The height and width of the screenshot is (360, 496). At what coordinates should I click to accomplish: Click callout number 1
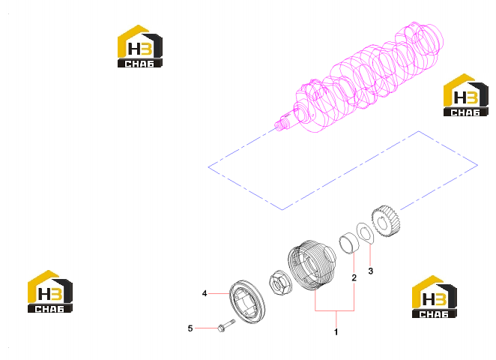336,332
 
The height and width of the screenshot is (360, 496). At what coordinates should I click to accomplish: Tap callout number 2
354,277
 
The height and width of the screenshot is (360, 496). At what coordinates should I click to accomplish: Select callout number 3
371,271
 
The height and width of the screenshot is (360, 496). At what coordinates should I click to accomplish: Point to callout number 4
205,293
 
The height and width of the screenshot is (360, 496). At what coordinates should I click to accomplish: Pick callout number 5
190,328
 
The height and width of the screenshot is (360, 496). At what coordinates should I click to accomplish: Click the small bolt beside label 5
226,325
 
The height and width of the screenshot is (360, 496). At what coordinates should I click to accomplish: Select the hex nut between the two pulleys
279,283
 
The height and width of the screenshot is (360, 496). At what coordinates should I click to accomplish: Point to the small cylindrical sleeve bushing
349,244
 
